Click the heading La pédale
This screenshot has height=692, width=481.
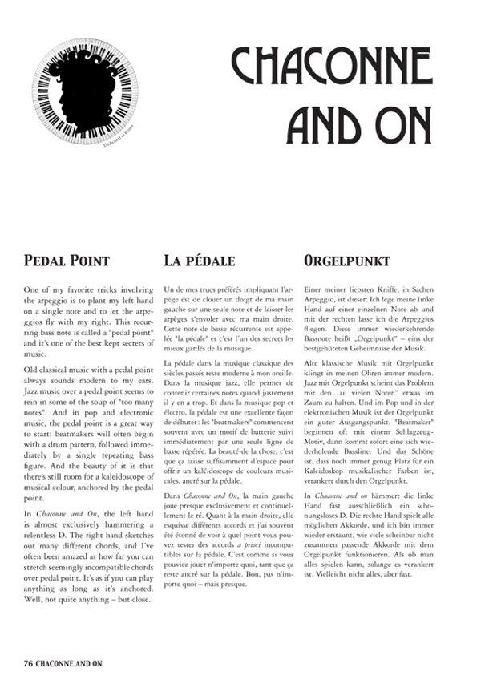199,261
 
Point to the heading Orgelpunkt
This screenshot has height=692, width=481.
347,261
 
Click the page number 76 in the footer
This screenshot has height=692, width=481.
28,665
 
